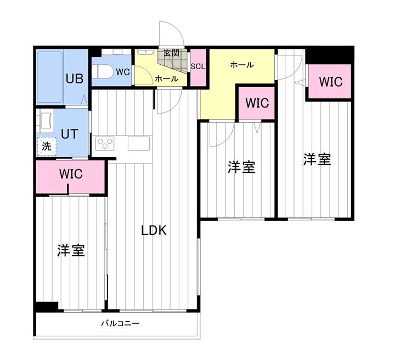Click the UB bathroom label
pos(74,78)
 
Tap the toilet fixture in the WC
pos(103,71)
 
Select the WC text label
pos(122,72)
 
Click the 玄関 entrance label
pos(172,53)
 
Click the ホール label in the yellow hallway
pos(241,65)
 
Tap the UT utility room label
pos(69,133)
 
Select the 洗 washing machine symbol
pos(47,147)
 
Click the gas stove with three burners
pos(104,144)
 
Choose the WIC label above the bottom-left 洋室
pos(71,175)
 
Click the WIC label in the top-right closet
pos(331,82)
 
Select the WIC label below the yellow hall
pos(257,103)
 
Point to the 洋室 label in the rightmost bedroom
pos(317,160)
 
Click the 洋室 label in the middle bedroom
pos(241,167)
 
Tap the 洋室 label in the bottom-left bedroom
pos(71,251)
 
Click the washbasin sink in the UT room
pos(45,120)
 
